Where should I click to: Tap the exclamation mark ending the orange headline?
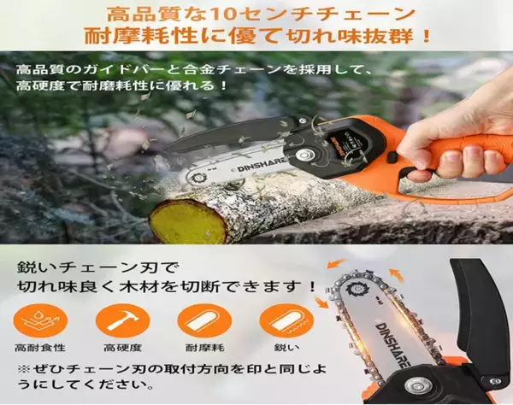[426, 35]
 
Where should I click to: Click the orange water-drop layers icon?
[40, 320]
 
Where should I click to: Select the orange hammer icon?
[122, 320]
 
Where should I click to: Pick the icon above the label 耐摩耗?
[204, 320]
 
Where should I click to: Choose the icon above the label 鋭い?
[286, 320]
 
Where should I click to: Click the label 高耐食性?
[40, 348]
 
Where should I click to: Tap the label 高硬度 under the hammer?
[122, 348]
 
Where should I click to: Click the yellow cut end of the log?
[187, 221]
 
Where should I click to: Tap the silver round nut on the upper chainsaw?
[304, 155]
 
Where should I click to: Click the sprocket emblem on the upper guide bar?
[198, 179]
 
